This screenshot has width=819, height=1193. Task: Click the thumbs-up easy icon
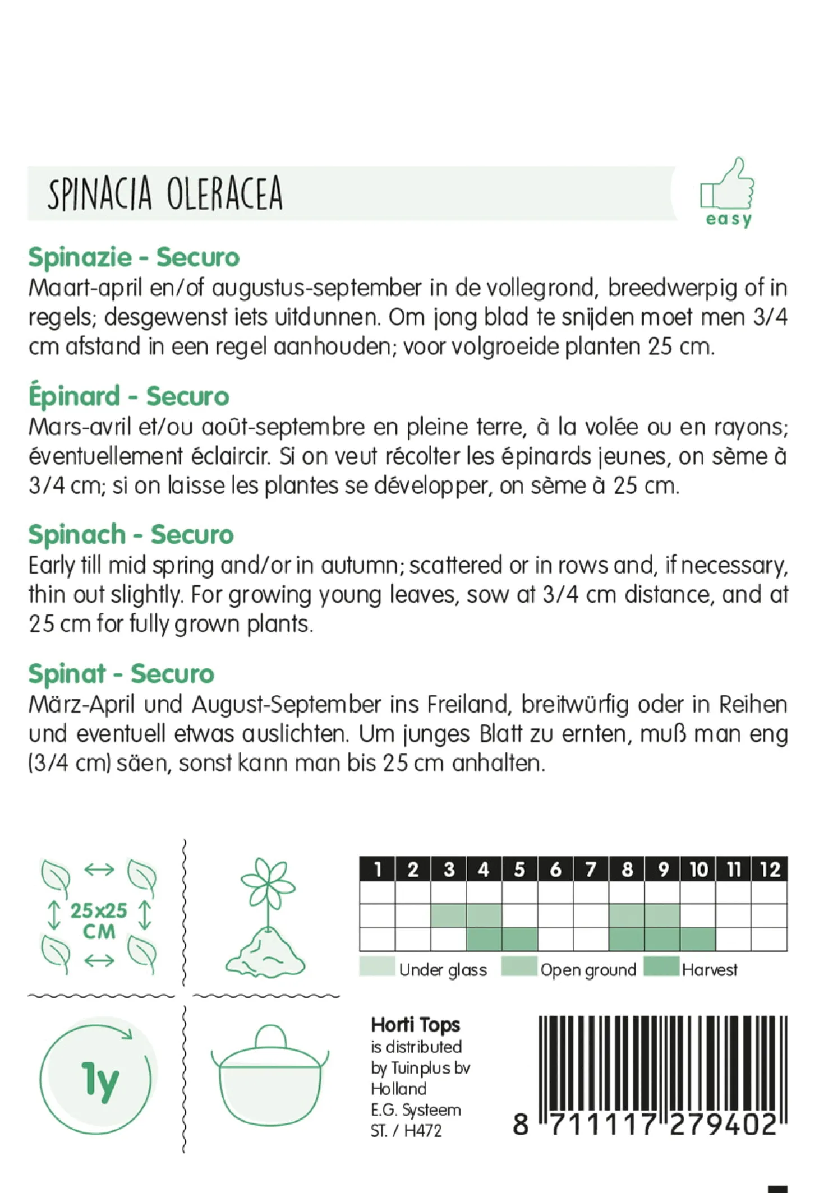(727, 192)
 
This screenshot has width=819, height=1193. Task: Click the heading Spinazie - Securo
(134, 257)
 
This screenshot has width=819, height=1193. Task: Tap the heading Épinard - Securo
(129, 396)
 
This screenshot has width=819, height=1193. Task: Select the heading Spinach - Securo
(131, 534)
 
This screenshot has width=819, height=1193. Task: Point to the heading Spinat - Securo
(121, 673)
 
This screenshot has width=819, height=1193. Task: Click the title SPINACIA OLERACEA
(165, 193)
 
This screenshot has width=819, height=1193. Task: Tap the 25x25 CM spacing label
(99, 921)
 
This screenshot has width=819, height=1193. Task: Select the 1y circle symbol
(99, 1081)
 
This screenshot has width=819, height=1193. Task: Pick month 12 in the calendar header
(770, 870)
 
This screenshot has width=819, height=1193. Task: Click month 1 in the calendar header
(378, 870)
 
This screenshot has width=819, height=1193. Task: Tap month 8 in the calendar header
(627, 870)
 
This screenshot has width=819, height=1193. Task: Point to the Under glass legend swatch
(377, 967)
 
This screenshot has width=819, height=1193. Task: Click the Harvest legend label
(710, 970)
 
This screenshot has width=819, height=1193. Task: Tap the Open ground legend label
(588, 970)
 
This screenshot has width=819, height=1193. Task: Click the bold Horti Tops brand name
(415, 1025)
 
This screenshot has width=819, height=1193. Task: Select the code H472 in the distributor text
(423, 1131)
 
